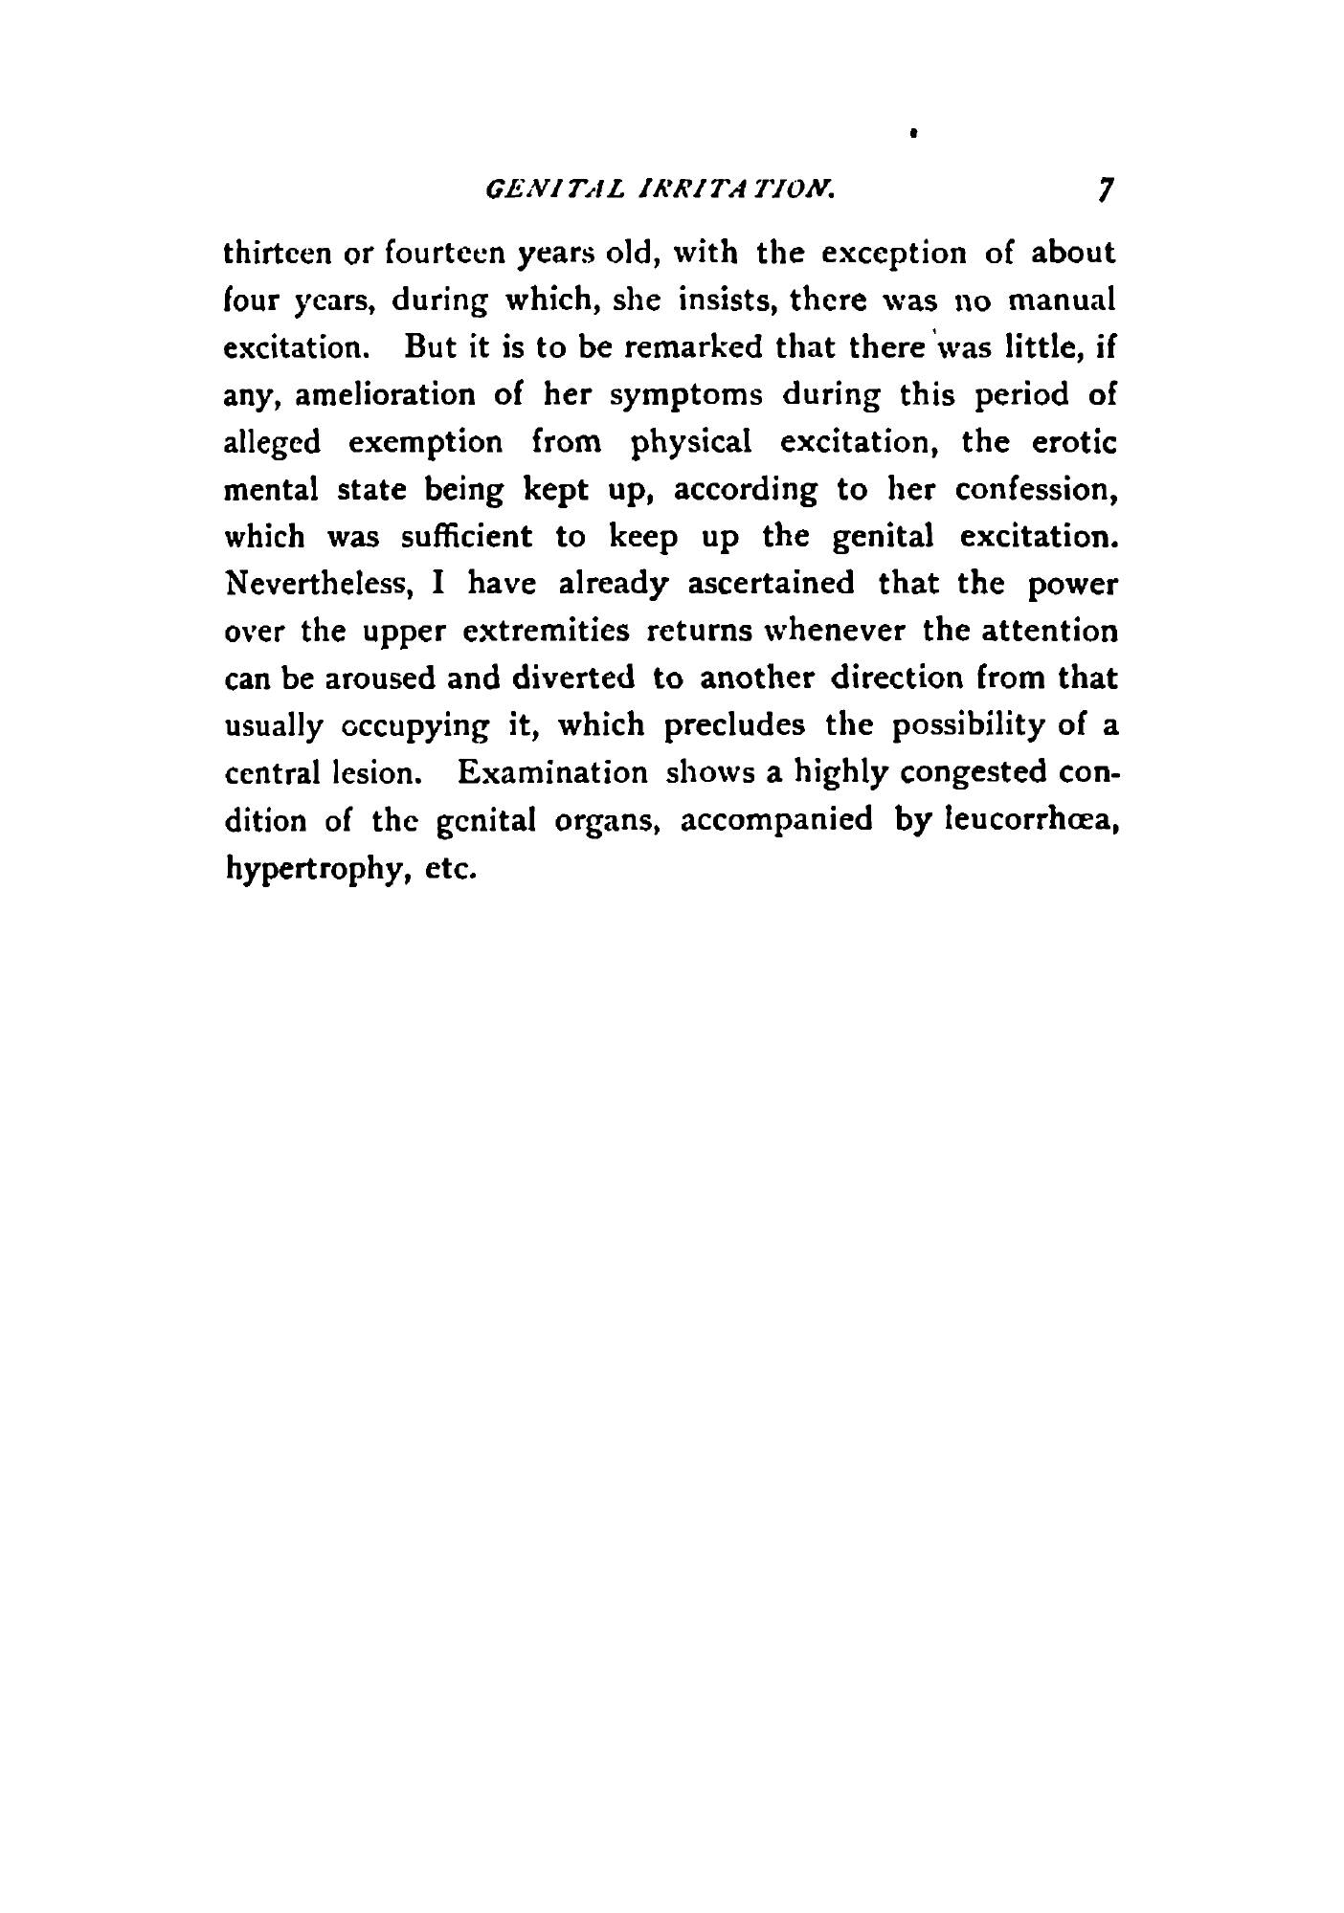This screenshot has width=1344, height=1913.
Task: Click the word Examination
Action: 552,771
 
